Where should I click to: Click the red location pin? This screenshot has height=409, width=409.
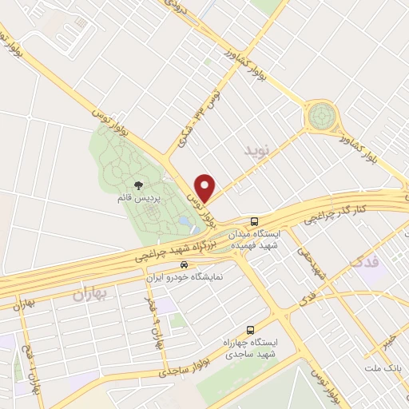(x=205, y=187)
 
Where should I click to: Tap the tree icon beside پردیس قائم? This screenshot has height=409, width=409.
(x=141, y=186)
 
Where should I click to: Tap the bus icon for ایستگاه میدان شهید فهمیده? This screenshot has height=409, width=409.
(x=254, y=220)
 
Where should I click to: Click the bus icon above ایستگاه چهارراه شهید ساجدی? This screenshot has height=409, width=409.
(x=251, y=329)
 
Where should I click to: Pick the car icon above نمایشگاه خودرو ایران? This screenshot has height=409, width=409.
(x=184, y=264)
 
